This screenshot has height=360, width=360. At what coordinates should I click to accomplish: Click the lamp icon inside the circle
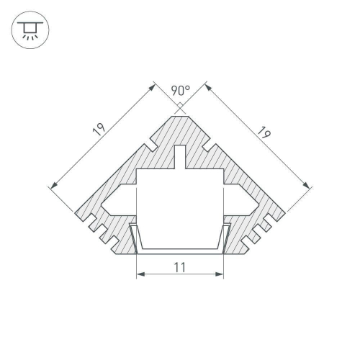(x=29, y=29)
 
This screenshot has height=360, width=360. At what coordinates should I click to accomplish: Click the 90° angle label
(x=180, y=91)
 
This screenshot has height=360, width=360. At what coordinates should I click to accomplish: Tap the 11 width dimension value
(x=180, y=268)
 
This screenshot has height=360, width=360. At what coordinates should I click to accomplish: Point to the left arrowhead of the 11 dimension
(x=138, y=275)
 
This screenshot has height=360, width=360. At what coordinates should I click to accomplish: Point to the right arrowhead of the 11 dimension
(x=222, y=275)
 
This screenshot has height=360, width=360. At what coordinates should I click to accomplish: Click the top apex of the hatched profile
(x=180, y=113)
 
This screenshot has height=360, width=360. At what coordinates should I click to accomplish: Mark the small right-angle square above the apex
(x=180, y=107)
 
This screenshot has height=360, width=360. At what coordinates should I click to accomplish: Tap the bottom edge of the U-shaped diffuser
(x=180, y=250)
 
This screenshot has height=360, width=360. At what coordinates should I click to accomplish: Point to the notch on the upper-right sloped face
(x=208, y=148)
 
